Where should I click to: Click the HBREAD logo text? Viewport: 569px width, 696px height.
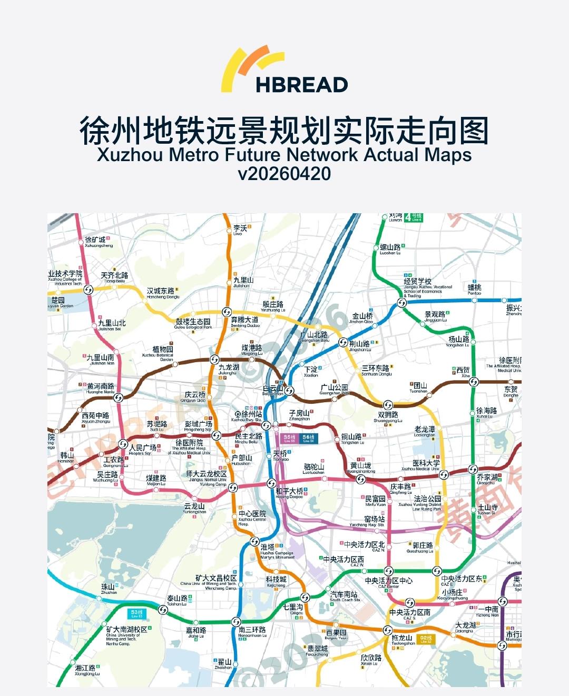click(x=301, y=84)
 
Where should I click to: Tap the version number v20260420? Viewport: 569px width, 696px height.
click(x=284, y=173)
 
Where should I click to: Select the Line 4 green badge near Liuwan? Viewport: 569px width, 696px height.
click(x=416, y=217)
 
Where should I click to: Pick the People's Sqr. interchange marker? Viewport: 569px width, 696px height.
click(x=123, y=444)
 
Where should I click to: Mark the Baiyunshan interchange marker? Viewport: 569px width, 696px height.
click(x=289, y=390)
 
